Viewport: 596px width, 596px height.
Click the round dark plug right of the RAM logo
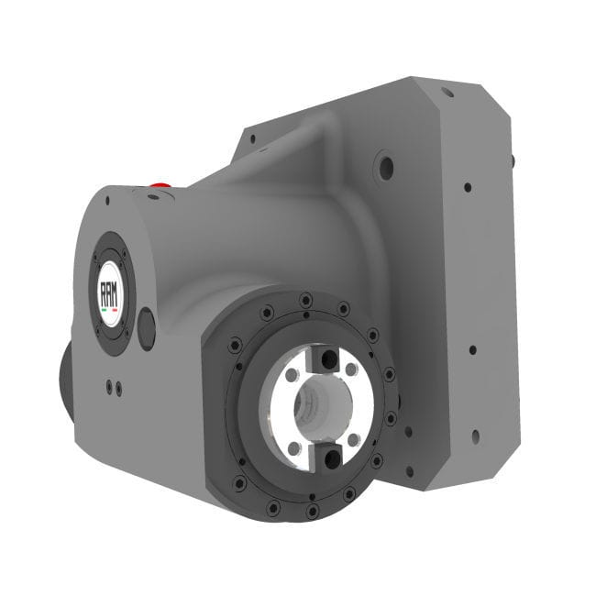pyautogui.click(x=147, y=328)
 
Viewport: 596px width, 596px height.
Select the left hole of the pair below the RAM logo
pyautogui.click(x=109, y=387)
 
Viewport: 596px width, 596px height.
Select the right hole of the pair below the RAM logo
pyautogui.click(x=117, y=390)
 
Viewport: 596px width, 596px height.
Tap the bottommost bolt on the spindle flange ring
pyautogui.click(x=313, y=510)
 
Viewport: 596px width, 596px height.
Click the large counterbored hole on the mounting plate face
pyautogui.click(x=385, y=169)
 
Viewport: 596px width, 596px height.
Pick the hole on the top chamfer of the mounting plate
pyautogui.click(x=447, y=92)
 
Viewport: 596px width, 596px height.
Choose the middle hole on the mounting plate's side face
pyautogui.click(x=471, y=349)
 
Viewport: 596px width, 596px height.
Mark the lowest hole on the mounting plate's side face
pyautogui.click(x=474, y=437)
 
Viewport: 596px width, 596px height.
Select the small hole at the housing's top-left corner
pyautogui.click(x=106, y=199)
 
